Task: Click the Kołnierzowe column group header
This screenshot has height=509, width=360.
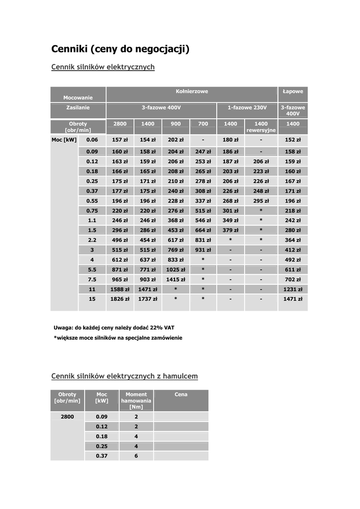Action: (x=191, y=91)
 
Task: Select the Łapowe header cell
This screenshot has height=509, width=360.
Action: (x=293, y=91)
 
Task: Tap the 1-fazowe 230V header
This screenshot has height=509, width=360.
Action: (x=247, y=108)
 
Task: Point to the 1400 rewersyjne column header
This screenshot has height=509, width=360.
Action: (x=261, y=127)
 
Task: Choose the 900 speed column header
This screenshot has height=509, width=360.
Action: (x=176, y=124)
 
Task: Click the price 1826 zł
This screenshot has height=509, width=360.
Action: (x=120, y=299)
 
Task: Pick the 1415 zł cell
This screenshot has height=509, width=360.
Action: (x=176, y=279)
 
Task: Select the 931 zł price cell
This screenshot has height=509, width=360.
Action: (x=203, y=250)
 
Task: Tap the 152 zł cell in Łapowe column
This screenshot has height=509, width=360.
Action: (x=293, y=140)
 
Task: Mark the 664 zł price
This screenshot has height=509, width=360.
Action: (x=203, y=230)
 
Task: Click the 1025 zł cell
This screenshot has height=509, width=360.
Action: (x=176, y=269)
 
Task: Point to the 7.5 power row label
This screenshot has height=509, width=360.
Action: (x=92, y=279)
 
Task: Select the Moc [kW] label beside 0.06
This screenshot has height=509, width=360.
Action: (x=64, y=140)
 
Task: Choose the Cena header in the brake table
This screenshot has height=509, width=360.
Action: (x=181, y=395)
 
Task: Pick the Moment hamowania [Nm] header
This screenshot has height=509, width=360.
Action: (x=136, y=401)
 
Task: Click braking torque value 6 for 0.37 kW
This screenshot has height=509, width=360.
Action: (x=136, y=456)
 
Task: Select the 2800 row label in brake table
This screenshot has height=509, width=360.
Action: (x=67, y=417)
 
